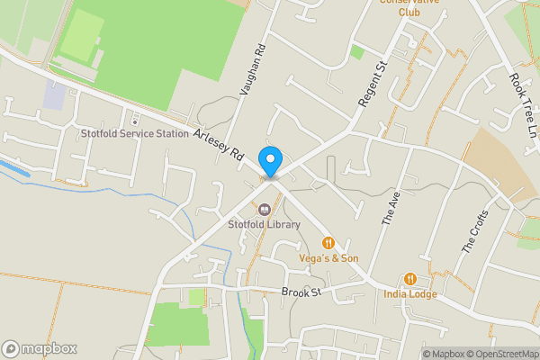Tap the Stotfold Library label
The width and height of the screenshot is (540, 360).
[264, 224]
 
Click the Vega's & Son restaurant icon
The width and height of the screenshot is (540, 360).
[328, 243]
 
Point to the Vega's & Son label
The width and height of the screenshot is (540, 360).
[329, 258]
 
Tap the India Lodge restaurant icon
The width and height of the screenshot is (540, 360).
[410, 279]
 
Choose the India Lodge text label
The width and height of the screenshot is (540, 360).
[410, 294]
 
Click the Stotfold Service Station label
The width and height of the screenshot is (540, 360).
[134, 133]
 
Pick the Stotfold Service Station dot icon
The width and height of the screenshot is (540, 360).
[134, 121]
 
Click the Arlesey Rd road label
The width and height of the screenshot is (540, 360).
[220, 145]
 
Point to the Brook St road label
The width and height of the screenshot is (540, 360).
[301, 292]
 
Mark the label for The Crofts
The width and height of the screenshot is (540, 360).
[474, 230]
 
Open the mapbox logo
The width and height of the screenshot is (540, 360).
[40, 348]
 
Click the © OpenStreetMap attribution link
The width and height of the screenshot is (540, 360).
[501, 354]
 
